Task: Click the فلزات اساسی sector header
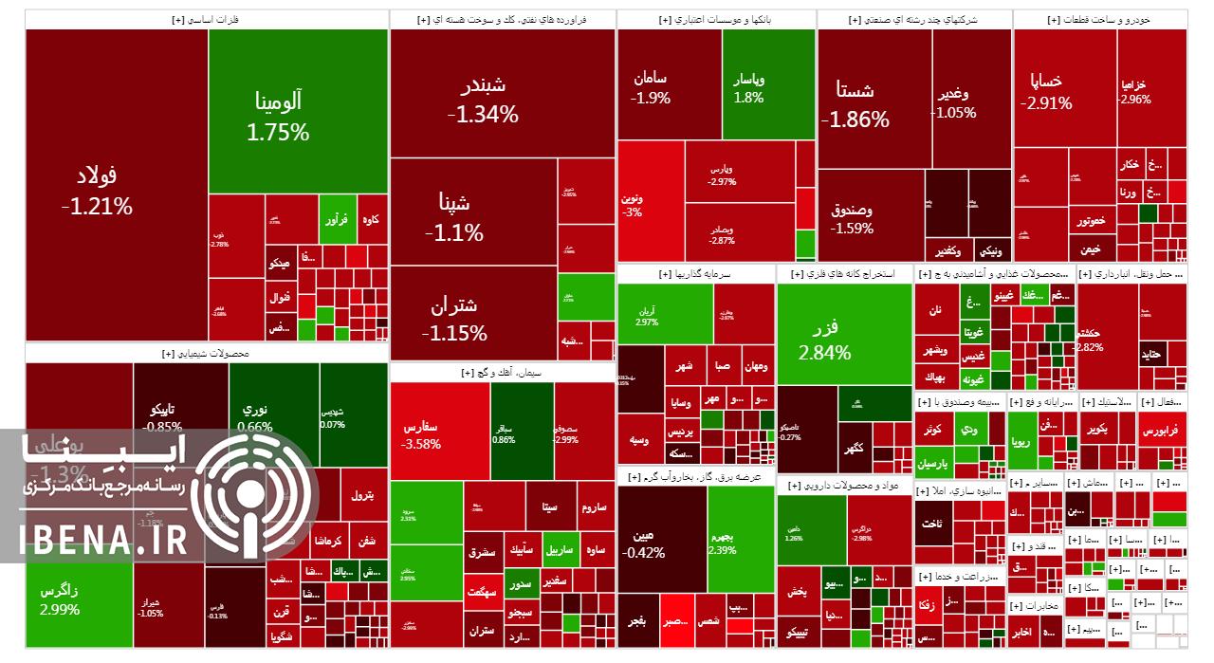(207, 19)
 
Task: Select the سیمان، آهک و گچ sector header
(503, 373)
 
